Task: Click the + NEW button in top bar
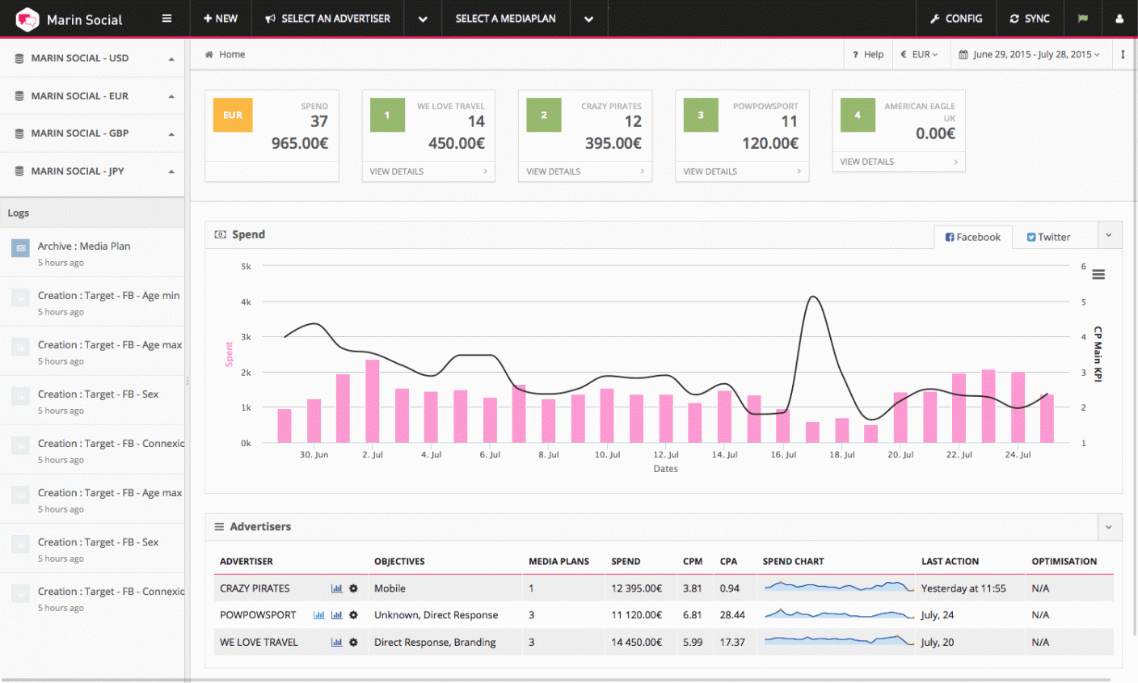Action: click(x=221, y=19)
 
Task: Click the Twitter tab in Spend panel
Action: click(x=1048, y=237)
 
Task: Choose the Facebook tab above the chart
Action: click(x=972, y=237)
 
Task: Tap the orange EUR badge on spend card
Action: click(x=233, y=115)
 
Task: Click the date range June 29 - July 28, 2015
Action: click(x=1029, y=54)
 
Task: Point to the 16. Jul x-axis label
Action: click(x=782, y=455)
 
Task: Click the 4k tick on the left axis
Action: click(x=246, y=302)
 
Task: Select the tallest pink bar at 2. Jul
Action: click(x=373, y=400)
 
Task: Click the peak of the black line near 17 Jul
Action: click(x=813, y=297)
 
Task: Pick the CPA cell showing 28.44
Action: click(x=732, y=615)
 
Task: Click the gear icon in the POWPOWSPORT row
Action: click(x=353, y=615)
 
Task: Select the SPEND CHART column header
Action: click(x=793, y=561)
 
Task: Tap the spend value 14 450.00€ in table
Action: click(x=636, y=642)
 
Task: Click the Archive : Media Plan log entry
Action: click(x=83, y=247)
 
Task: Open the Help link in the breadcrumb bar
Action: click(x=868, y=54)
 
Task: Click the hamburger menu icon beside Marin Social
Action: click(x=166, y=19)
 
